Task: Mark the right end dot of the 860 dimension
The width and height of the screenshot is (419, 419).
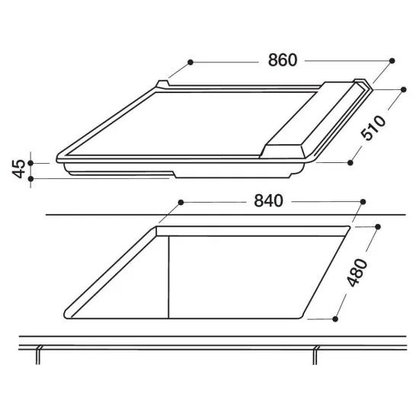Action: (392, 60)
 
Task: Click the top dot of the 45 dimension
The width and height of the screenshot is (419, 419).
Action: (30, 162)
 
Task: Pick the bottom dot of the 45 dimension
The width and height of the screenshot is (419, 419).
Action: (30, 179)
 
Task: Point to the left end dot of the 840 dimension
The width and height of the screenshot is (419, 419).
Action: (181, 202)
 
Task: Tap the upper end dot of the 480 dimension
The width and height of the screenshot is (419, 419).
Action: (379, 226)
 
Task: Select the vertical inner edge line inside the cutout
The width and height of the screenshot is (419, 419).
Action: (167, 274)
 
